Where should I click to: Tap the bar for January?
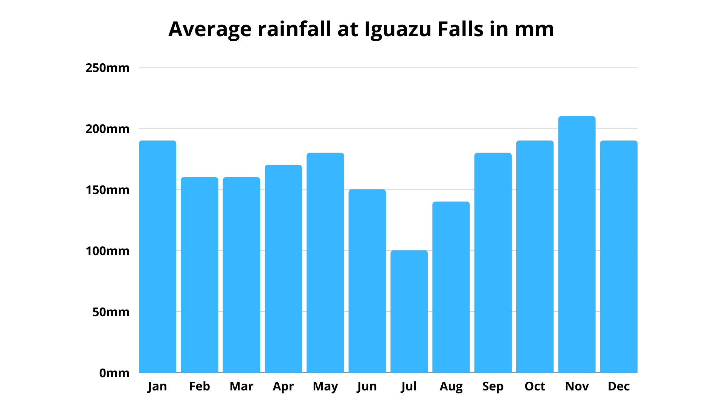click(x=157, y=257)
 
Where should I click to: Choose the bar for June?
click(x=367, y=281)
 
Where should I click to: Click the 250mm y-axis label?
click(x=107, y=68)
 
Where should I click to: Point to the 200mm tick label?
click(x=107, y=129)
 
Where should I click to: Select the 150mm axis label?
click(x=107, y=190)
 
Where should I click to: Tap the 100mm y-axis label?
click(x=107, y=251)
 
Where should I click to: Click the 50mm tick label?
click(x=111, y=312)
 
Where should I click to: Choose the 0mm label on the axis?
click(x=114, y=373)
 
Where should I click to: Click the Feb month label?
click(x=199, y=386)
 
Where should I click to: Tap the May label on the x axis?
click(x=325, y=387)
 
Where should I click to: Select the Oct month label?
click(x=535, y=386)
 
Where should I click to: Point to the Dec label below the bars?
click(x=619, y=386)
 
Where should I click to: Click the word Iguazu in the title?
click(x=398, y=29)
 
